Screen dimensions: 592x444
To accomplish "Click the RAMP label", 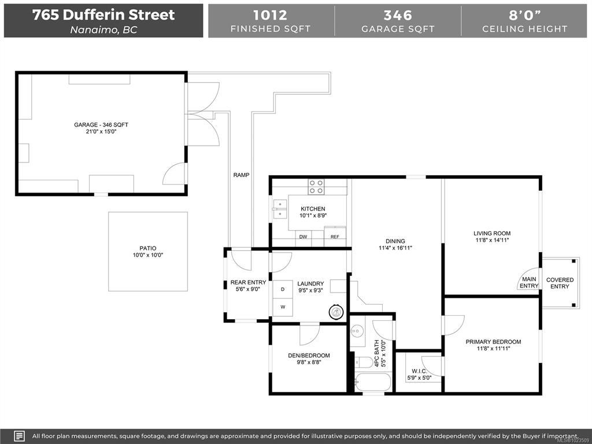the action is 241,175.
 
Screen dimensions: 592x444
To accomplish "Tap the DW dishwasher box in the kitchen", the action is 303,236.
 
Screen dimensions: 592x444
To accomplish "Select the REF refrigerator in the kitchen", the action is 335,236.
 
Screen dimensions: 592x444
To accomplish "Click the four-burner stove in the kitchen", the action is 316,187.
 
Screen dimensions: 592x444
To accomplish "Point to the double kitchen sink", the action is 279,209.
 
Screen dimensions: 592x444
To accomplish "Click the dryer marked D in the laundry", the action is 282,289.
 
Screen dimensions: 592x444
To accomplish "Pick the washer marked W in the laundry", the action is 282,307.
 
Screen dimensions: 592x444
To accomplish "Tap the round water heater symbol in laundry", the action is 336,312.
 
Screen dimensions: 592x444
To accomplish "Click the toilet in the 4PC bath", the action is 363,362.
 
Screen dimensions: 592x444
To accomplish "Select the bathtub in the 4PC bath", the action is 373,382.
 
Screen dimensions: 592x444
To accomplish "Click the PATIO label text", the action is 147,249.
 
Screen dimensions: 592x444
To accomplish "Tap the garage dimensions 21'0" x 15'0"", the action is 101,132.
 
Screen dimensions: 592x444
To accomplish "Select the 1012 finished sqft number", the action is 270,15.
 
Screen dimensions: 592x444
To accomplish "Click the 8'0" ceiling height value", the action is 525,15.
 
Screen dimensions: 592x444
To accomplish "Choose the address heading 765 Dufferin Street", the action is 103,14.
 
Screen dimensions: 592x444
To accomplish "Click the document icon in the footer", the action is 19,436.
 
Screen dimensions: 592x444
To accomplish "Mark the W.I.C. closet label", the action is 420,371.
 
